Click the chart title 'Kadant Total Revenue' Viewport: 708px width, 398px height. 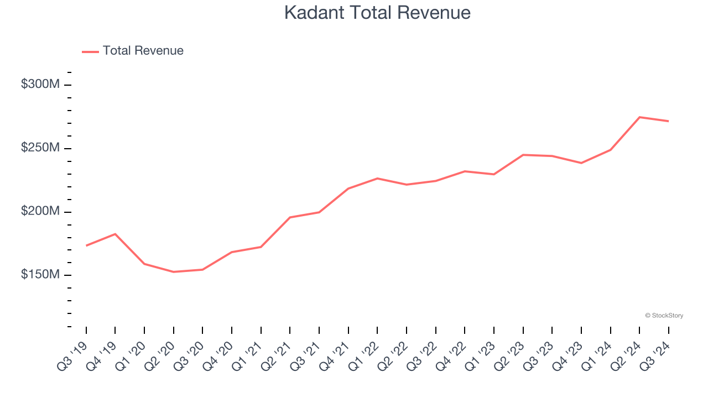[x=377, y=13]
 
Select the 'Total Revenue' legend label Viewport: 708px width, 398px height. [x=143, y=51]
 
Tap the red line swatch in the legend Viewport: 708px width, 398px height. [x=90, y=51]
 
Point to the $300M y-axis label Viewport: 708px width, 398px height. [x=40, y=85]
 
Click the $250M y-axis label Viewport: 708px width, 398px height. [x=40, y=148]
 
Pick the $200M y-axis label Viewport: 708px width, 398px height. [x=40, y=212]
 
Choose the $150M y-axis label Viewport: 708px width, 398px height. [x=40, y=275]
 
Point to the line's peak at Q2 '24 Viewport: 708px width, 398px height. [x=639, y=117]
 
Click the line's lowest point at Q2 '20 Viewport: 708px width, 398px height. [x=174, y=272]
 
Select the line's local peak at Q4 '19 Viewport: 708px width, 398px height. [x=115, y=234]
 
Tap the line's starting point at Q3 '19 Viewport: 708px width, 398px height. [x=86, y=245]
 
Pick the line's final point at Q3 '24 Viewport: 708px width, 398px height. [x=669, y=121]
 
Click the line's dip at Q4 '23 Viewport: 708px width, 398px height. [x=581, y=163]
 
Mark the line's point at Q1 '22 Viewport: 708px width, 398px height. [x=377, y=179]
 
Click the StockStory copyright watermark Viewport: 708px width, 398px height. [x=664, y=316]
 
